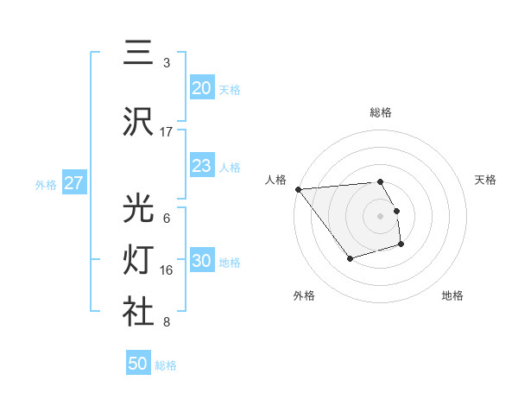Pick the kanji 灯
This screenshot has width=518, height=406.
(139, 260)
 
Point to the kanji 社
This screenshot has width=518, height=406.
(139, 312)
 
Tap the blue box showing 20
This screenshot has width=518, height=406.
(201, 88)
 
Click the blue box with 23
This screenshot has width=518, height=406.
(201, 166)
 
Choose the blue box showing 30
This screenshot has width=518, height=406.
(201, 262)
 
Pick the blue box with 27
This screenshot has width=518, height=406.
(74, 183)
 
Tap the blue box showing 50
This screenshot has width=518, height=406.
(138, 364)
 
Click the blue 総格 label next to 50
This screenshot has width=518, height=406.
(166, 365)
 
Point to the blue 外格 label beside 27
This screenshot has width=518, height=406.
(46, 184)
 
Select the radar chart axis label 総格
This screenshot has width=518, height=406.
(381, 113)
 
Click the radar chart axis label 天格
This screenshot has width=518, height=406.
(486, 180)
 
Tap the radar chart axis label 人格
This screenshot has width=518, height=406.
(275, 180)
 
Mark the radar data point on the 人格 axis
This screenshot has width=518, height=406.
(298, 189)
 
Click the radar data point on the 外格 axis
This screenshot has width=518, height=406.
(350, 258)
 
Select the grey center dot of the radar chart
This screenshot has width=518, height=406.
(381, 215)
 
